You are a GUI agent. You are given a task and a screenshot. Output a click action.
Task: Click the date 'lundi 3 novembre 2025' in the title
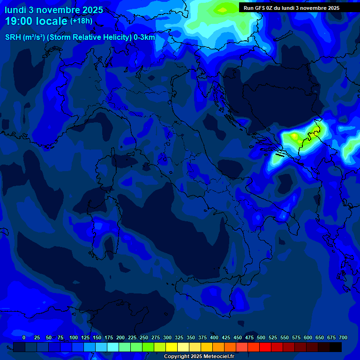coord(54,10)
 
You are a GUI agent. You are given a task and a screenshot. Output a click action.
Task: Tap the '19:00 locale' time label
coord(37,21)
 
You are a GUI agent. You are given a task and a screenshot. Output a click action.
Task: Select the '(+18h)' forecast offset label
coord(82,21)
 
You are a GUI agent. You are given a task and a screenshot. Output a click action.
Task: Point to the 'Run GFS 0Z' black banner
coord(292,8)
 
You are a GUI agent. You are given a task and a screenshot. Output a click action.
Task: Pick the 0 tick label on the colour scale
coord(24,337)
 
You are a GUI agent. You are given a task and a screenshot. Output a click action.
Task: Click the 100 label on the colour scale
coord(74,337)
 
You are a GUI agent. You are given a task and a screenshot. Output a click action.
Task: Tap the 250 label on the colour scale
coord(144,337)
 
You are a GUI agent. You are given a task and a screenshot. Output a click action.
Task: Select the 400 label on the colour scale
coord(214,337)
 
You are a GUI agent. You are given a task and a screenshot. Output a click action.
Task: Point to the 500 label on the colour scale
coord(261,337)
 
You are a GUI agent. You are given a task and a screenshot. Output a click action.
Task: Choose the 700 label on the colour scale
coord(343,337)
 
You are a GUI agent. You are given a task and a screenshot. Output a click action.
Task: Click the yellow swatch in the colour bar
coord(172,347)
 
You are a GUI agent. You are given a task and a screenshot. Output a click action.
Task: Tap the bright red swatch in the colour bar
coord(265,347)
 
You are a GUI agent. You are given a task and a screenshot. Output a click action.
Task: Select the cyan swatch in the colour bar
coord(113,347)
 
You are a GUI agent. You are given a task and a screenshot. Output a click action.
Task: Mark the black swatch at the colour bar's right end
coord(336,347)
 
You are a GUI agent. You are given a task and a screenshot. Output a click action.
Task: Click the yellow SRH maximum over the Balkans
coord(294,137)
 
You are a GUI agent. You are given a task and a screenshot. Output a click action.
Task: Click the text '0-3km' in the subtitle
coord(144,37)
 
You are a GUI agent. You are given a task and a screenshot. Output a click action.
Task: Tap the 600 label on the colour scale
coord(308,337)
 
